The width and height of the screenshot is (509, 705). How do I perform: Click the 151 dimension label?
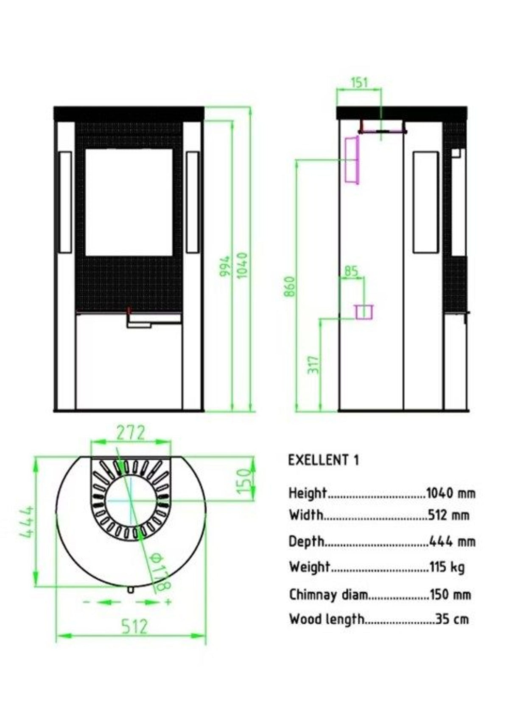(359, 83)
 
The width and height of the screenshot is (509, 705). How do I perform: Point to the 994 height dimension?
(225, 266)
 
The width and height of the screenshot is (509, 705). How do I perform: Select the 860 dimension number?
(289, 286)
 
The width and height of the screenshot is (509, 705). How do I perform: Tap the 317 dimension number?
(313, 365)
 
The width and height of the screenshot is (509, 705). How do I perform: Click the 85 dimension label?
(352, 270)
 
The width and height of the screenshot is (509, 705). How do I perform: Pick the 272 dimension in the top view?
(131, 433)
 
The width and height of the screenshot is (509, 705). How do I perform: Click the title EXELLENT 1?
(324, 460)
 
